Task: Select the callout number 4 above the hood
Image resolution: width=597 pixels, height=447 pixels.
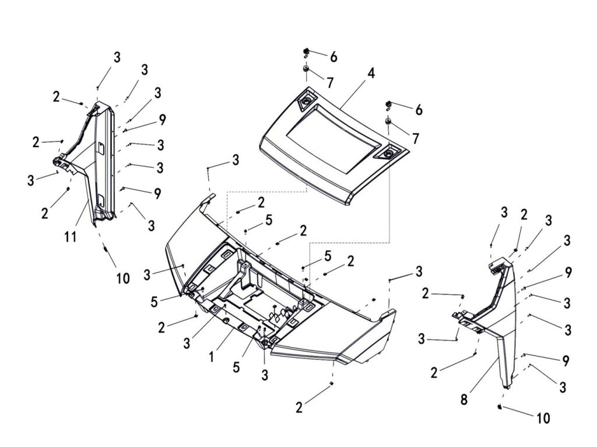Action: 371,74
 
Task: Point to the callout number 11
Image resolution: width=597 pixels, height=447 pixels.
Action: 71,238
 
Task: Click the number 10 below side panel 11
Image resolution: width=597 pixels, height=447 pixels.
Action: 122,278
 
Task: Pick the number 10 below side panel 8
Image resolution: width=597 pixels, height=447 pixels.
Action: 543,418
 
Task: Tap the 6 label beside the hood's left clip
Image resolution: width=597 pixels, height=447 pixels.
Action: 333,57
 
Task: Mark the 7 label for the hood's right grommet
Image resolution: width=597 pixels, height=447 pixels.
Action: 415,139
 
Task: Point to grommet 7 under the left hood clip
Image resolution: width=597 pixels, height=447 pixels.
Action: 305,70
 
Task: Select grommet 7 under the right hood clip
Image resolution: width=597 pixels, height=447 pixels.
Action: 387,121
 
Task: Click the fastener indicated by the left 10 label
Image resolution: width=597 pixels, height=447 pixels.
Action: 106,249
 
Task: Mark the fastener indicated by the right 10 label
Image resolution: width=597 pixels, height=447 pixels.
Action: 501,406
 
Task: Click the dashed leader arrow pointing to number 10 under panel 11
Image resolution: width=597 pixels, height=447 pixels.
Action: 103,239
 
